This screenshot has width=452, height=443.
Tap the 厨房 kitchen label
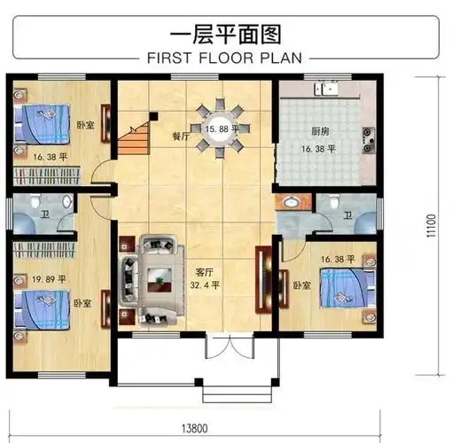(321, 131)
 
